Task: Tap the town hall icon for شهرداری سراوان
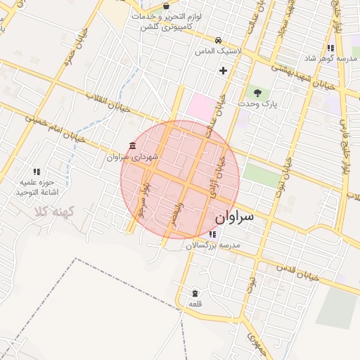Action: [132, 146]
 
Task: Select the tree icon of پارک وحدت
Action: [257, 92]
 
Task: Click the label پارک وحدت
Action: [258, 104]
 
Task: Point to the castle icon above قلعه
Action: [195, 292]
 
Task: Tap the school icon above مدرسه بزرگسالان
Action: [212, 234]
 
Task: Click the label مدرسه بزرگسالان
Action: [213, 246]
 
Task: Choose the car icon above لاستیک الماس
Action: [220, 40]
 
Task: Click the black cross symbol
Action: [223, 70]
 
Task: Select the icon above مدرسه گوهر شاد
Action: [330, 48]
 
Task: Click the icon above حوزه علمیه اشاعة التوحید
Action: [37, 171]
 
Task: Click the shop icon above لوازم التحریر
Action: [166, 6]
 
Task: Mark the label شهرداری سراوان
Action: [134, 157]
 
